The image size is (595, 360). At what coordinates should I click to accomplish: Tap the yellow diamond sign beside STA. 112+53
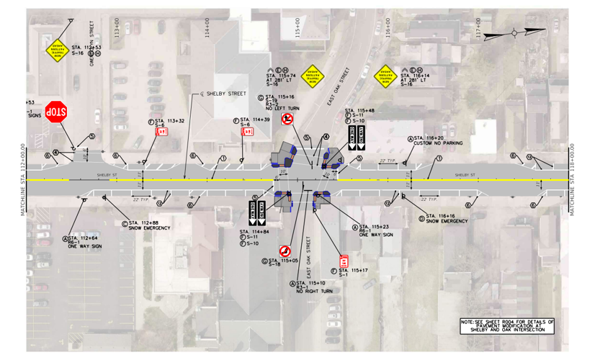click(57, 49)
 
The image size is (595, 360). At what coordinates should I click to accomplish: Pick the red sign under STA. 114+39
click(247, 132)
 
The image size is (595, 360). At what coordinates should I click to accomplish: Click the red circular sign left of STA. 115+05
click(285, 251)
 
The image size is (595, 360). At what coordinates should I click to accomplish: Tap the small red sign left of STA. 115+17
click(344, 261)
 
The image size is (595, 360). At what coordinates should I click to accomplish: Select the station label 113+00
click(116, 29)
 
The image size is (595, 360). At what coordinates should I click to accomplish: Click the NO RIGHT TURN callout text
click(314, 291)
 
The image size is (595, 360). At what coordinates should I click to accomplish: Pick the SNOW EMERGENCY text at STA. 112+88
click(151, 228)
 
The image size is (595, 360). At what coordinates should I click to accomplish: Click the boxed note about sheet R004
click(508, 325)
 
